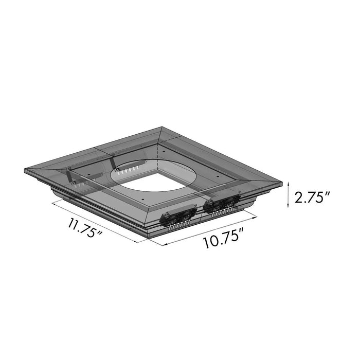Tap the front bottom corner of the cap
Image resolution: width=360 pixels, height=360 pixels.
[x=152, y=234]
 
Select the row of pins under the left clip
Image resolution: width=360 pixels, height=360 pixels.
[x=177, y=225]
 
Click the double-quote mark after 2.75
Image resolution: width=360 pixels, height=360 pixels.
[x=327, y=194]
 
